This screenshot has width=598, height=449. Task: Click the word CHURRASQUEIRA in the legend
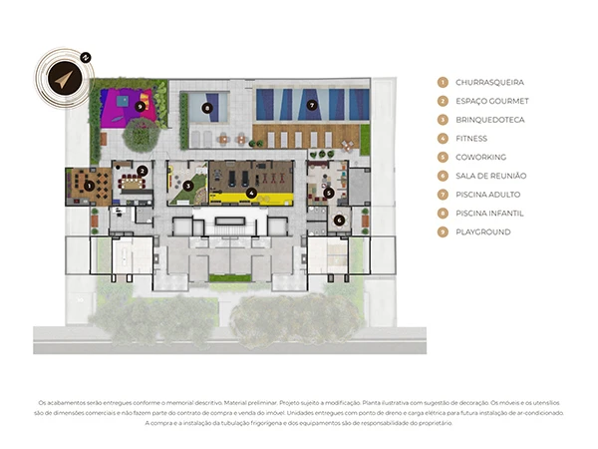[x=487, y=82]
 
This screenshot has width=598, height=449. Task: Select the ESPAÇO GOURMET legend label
[x=492, y=101]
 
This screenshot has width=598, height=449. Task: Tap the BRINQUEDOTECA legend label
[x=490, y=120]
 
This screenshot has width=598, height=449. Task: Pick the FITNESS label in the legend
[x=472, y=138]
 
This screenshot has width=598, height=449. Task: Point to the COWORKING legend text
[x=480, y=157]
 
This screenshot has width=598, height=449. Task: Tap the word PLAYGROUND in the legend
[x=482, y=231]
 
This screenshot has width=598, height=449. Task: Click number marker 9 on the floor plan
[x=141, y=105]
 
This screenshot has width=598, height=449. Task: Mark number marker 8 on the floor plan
[x=207, y=107]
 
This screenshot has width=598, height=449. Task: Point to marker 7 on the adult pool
[x=311, y=105]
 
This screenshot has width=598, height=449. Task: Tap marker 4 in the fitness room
[x=251, y=192]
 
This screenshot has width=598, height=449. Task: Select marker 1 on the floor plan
[x=90, y=185]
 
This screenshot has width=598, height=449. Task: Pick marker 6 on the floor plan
[x=340, y=220]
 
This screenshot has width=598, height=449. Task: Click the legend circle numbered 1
[x=443, y=82]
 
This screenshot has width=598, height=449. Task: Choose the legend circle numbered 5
[x=443, y=157]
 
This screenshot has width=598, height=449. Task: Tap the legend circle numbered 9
[x=443, y=231]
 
